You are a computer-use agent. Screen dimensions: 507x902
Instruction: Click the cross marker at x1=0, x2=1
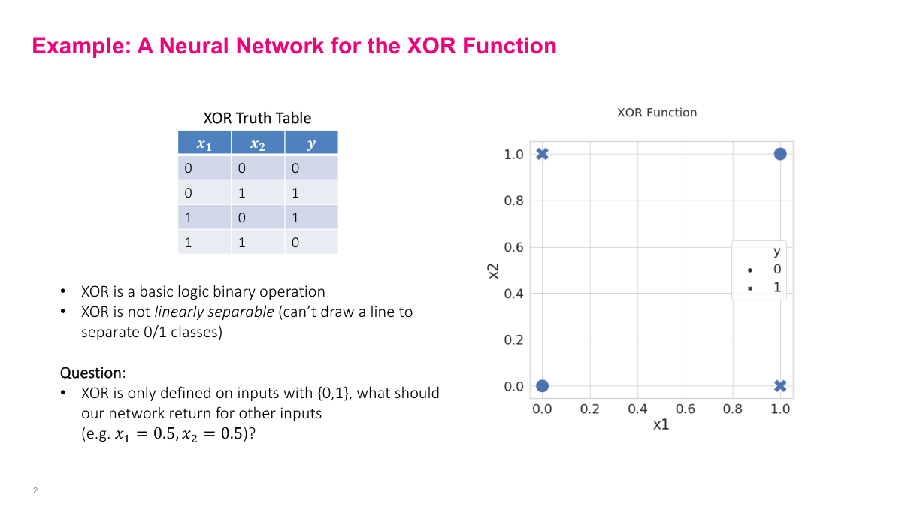[542, 154]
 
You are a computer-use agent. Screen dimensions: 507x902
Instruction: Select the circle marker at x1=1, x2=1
[780, 154]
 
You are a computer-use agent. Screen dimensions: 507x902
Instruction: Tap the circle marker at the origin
[542, 386]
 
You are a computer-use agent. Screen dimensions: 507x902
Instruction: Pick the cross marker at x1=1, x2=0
[780, 386]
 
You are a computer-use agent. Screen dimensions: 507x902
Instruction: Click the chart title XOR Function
[657, 113]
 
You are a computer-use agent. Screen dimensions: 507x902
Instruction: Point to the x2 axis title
[493, 270]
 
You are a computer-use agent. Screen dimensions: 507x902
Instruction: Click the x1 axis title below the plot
[661, 425]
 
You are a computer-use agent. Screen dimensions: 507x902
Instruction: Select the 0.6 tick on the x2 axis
[513, 247]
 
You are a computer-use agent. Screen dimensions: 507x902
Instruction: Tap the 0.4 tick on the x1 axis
[637, 409]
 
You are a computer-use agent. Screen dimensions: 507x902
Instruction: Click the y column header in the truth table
[311, 143]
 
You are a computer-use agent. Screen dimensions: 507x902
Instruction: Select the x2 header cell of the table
[258, 143]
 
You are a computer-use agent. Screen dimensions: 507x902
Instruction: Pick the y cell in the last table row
[295, 243]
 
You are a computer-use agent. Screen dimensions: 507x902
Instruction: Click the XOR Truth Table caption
[257, 118]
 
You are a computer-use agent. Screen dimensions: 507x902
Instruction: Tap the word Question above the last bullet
[90, 373]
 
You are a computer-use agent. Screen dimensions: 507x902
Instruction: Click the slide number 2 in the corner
[35, 490]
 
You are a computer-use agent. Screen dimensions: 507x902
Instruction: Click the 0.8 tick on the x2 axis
[513, 201]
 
